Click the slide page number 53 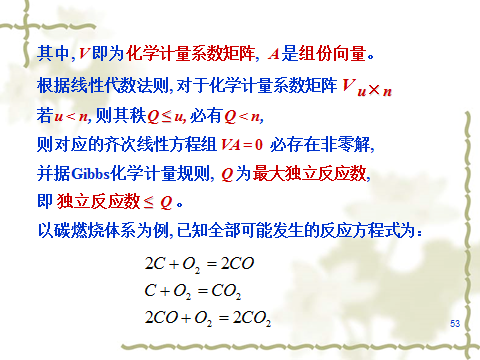(x=455, y=323)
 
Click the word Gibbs (x=90, y=174)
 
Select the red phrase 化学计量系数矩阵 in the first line (x=190, y=53)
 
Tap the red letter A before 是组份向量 (x=274, y=54)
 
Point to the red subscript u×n (x=375, y=90)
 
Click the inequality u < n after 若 (x=71, y=116)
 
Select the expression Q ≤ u (x=166, y=117)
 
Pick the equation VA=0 (x=242, y=145)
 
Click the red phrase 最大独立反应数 (x=309, y=173)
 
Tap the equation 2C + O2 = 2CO (x=199, y=264)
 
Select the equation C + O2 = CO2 (x=193, y=291)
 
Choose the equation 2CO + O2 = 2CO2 (x=208, y=318)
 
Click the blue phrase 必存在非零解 (x=320, y=145)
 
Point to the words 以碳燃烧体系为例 (x=103, y=230)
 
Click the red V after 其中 (x=84, y=54)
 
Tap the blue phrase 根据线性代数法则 (x=103, y=85)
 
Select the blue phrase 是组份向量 (x=324, y=53)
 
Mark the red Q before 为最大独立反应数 (x=227, y=174)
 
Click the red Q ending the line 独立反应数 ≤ (x=166, y=202)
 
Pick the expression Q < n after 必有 (x=242, y=117)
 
